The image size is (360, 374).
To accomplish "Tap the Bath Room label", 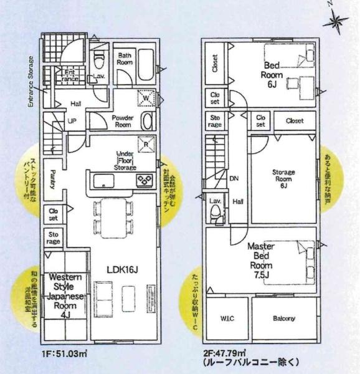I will tap(126, 59).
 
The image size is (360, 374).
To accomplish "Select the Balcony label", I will tap(283, 319).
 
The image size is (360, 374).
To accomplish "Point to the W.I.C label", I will tap(227, 319).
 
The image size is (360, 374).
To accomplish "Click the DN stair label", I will tap(234, 178).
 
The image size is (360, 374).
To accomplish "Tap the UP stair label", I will tap(72, 121).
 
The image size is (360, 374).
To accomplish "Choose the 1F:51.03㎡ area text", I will tap(65, 353).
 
